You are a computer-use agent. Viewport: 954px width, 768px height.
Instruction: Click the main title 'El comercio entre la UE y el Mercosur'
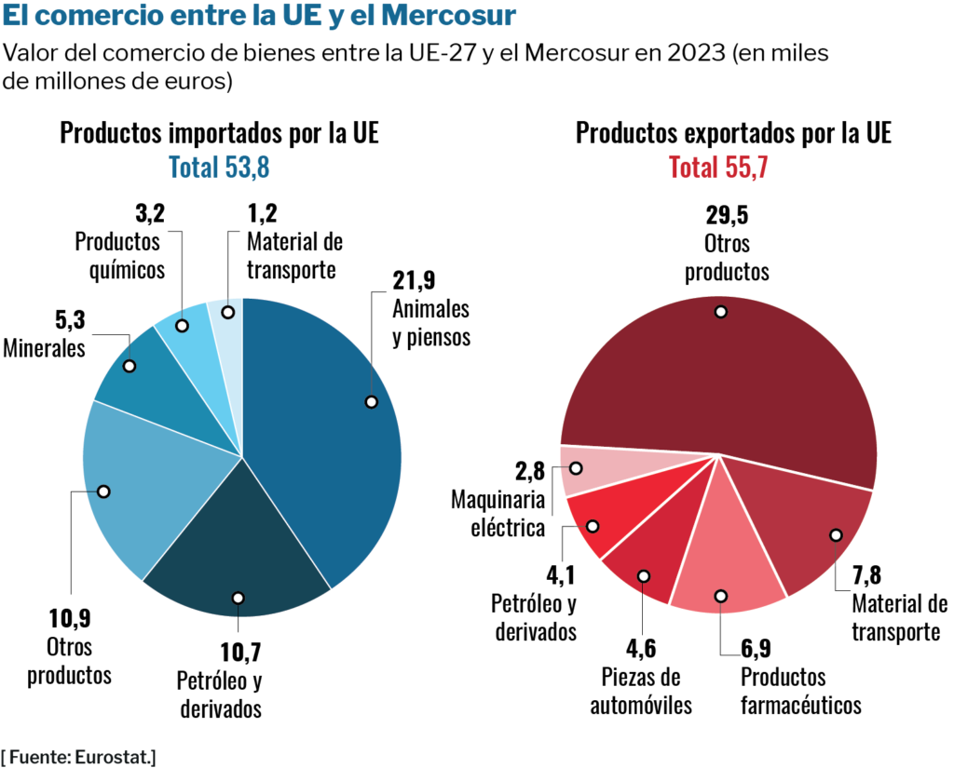tap(260, 17)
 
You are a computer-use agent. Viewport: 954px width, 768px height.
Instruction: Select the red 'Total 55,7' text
tap(717, 168)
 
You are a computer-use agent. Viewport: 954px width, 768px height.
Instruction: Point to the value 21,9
tap(415, 280)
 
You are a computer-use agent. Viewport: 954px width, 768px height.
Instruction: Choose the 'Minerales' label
tap(44, 348)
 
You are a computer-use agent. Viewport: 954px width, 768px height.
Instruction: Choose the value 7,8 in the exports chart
tap(871, 573)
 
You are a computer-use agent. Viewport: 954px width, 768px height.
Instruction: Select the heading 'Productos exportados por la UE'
tap(734, 132)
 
